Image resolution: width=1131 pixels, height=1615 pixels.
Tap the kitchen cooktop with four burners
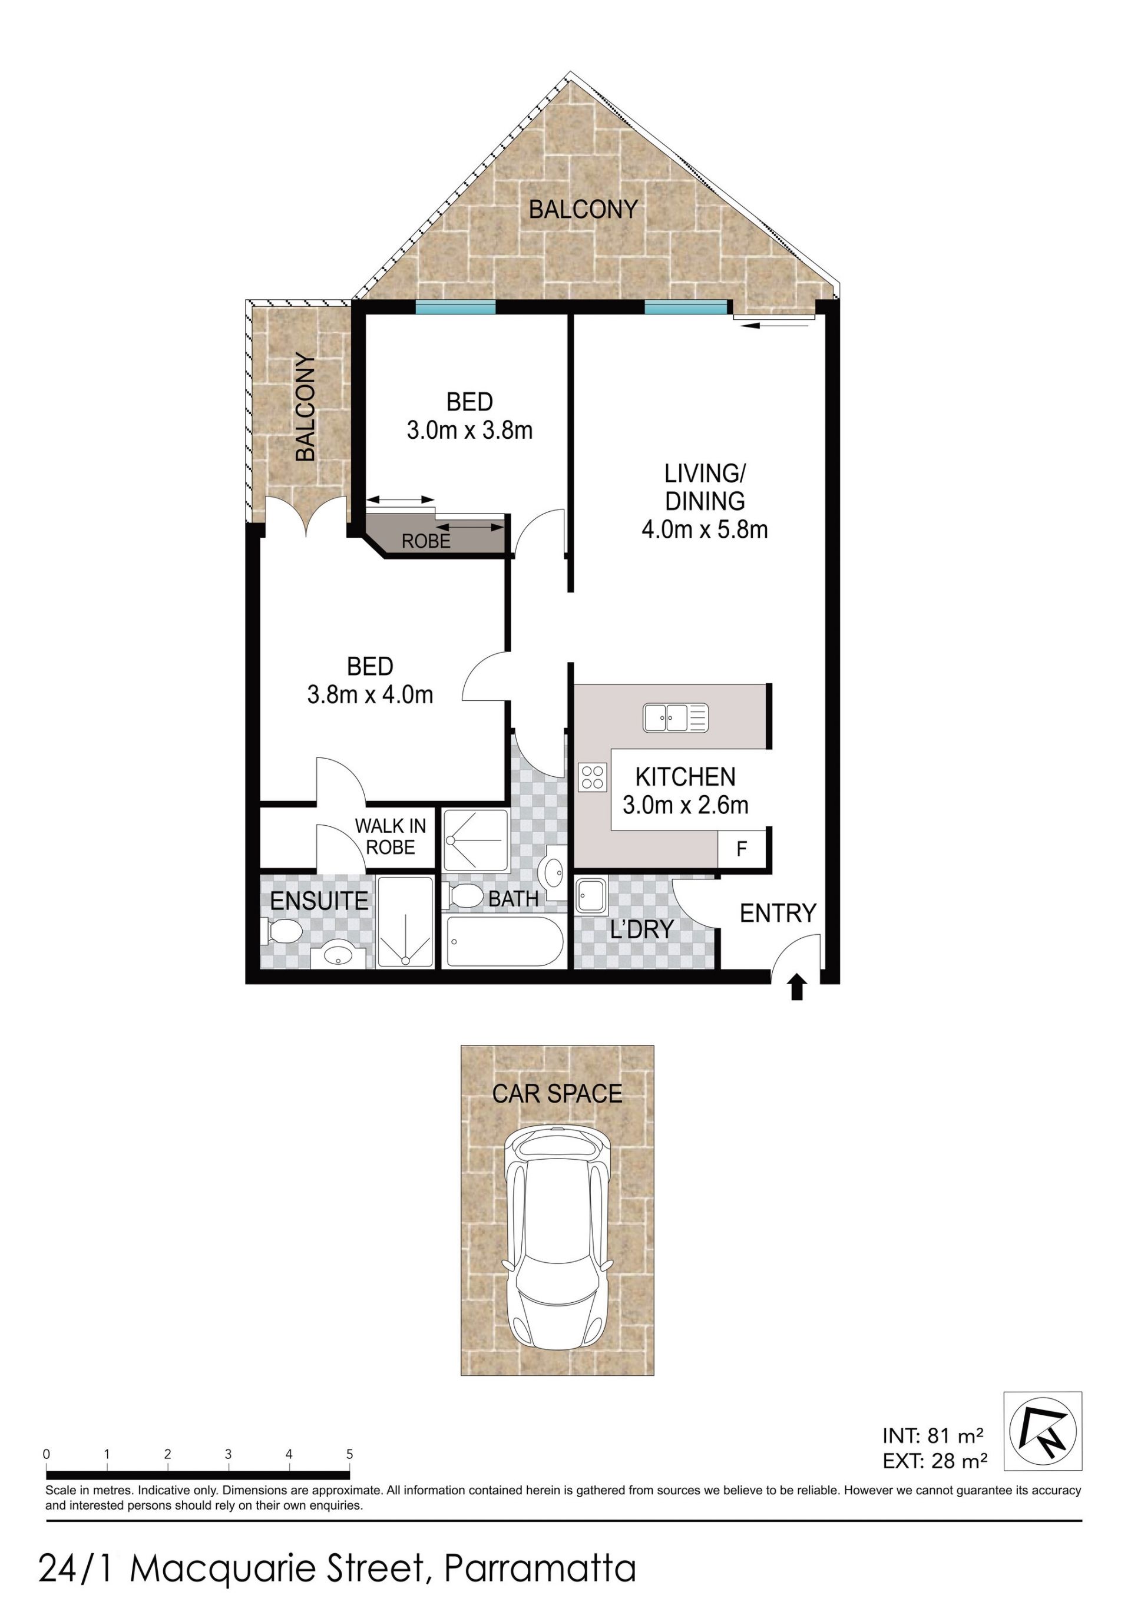592,776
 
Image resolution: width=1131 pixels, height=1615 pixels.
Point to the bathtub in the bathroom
504,942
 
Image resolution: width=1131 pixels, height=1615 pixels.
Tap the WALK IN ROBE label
391,836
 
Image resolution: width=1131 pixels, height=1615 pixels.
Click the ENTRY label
778,913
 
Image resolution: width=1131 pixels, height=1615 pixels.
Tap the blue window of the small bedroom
455,307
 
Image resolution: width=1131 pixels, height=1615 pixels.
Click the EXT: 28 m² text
935,1460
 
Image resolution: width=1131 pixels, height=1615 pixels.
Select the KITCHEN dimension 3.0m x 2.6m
686,805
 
